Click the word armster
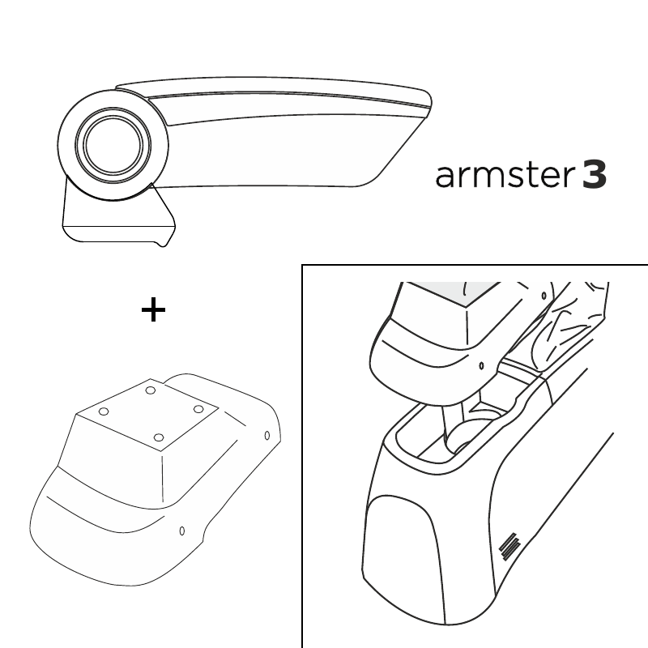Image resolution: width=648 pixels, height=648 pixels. pyautogui.click(x=505, y=175)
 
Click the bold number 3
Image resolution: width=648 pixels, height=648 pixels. pyautogui.click(x=595, y=175)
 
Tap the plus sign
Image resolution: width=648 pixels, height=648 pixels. pyautogui.click(x=153, y=309)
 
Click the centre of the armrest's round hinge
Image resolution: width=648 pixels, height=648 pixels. pyautogui.click(x=113, y=145)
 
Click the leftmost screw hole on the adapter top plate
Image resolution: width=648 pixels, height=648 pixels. pyautogui.click(x=104, y=411)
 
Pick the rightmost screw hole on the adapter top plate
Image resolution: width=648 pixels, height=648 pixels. pyautogui.click(x=198, y=409)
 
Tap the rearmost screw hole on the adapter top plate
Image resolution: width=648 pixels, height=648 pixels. pyautogui.click(x=151, y=390)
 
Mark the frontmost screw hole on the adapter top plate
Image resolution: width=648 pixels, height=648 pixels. pyautogui.click(x=159, y=437)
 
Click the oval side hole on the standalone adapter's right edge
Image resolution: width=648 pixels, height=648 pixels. pyautogui.click(x=267, y=435)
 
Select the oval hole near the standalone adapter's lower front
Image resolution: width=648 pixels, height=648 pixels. pyautogui.click(x=181, y=531)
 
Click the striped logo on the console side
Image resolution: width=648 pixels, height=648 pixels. pyautogui.click(x=509, y=548)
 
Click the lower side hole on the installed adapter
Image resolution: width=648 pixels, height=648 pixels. pyautogui.click(x=481, y=366)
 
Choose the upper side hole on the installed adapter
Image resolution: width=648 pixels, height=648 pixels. pyautogui.click(x=544, y=296)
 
